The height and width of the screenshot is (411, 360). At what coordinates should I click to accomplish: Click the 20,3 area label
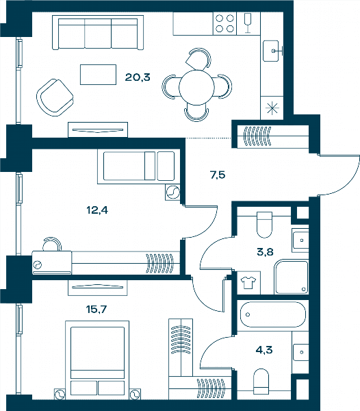(138, 77)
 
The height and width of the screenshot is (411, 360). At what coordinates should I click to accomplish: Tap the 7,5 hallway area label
(218, 175)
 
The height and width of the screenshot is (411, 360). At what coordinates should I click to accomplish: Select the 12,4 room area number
(97, 210)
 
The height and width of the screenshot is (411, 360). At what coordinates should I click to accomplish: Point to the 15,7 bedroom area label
(97, 310)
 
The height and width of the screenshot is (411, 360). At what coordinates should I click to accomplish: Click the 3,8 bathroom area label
(266, 252)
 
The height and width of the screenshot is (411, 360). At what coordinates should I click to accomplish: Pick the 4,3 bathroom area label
(264, 350)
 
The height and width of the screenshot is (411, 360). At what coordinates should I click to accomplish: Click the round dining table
(196, 88)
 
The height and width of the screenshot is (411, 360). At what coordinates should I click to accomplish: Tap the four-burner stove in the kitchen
(224, 23)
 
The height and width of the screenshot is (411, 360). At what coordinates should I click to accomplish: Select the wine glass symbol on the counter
(248, 23)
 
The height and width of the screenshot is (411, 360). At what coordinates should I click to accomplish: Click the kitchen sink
(272, 51)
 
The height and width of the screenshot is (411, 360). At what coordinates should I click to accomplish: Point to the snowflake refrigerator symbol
(272, 108)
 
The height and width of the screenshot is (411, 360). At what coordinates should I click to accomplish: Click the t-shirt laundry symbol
(248, 283)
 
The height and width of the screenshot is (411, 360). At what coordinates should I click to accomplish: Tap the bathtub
(272, 314)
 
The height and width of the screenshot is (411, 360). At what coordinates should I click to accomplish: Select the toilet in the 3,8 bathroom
(265, 225)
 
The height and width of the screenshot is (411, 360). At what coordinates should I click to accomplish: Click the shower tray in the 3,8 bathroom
(291, 277)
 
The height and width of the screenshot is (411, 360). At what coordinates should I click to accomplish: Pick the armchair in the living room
(55, 97)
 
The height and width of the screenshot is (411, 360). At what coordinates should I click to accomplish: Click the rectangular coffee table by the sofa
(98, 75)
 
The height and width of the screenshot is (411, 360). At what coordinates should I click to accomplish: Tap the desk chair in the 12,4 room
(52, 244)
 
